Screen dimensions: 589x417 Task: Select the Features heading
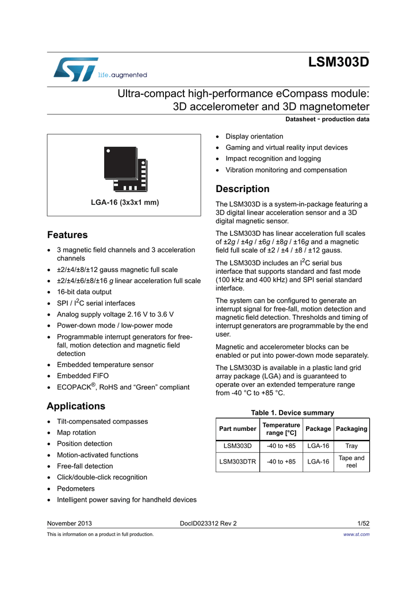coord(67,235)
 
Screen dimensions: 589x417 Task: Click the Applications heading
coord(75,406)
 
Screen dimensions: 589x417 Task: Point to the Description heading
coord(242,189)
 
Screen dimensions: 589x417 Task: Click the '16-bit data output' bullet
coord(84,292)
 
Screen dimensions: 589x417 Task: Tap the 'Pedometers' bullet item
coord(75,488)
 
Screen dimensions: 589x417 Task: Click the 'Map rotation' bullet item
coord(76,433)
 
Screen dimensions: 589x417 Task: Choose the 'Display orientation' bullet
coord(254,136)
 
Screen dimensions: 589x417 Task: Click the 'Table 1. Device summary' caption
coord(292,412)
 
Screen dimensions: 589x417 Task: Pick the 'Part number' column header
coord(238,429)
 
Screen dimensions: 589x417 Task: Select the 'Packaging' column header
coord(351,429)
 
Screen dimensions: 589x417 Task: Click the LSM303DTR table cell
coord(238,461)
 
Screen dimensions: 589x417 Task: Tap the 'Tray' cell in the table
coord(351,446)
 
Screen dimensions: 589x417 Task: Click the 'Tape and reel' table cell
coord(351,461)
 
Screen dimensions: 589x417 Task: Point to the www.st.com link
coord(356,534)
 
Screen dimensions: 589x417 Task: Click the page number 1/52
coord(363,523)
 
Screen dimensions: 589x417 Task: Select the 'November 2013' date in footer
coord(69,523)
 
